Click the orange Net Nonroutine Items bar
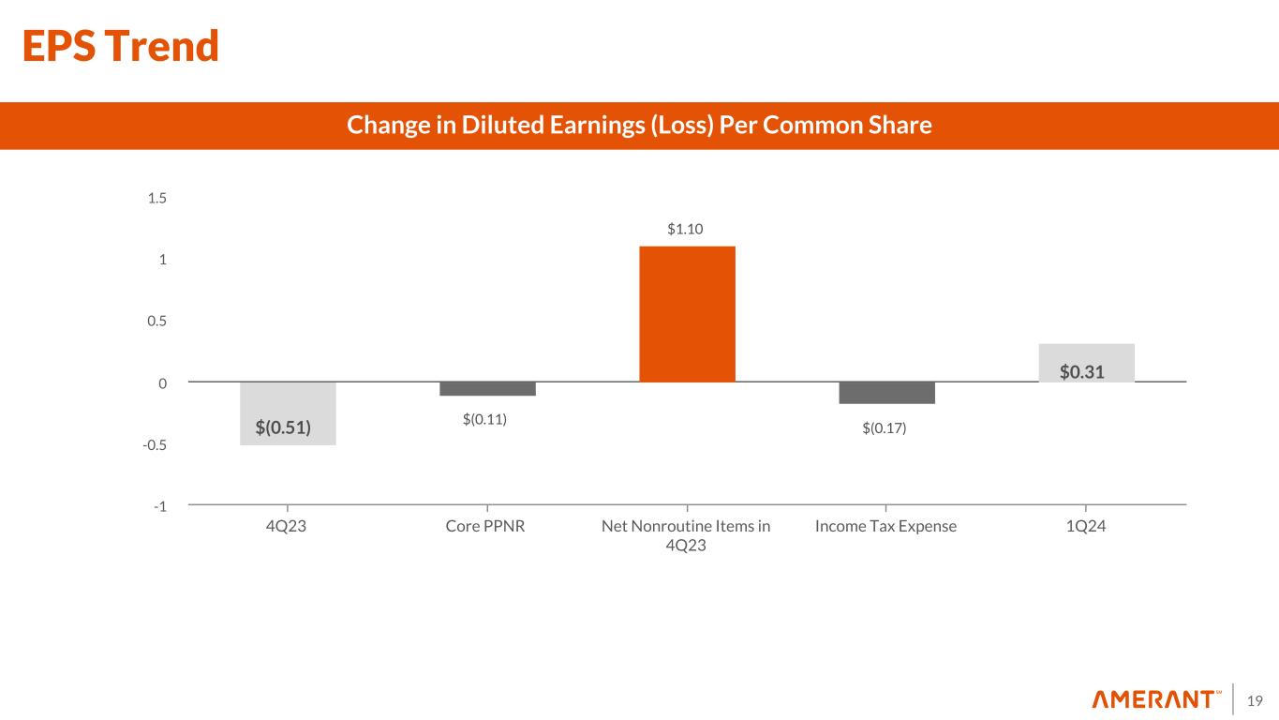[x=687, y=314]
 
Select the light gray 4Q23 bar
[x=288, y=412]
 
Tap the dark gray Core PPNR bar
[x=487, y=389]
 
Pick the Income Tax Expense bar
[x=886, y=393]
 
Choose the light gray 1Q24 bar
[x=1086, y=363]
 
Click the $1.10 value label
[x=687, y=229]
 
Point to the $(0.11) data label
[x=484, y=419]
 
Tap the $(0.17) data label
[x=885, y=427]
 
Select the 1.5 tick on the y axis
[x=156, y=198]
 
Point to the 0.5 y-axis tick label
[x=156, y=322]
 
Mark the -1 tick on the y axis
[x=160, y=506]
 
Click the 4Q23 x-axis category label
[x=288, y=526]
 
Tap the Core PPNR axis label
[x=484, y=526]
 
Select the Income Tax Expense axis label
[x=886, y=526]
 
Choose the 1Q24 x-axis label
[x=1086, y=526]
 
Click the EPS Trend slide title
[x=121, y=46]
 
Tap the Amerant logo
[x=1157, y=699]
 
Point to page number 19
[x=1256, y=700]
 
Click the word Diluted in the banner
[x=499, y=125]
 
